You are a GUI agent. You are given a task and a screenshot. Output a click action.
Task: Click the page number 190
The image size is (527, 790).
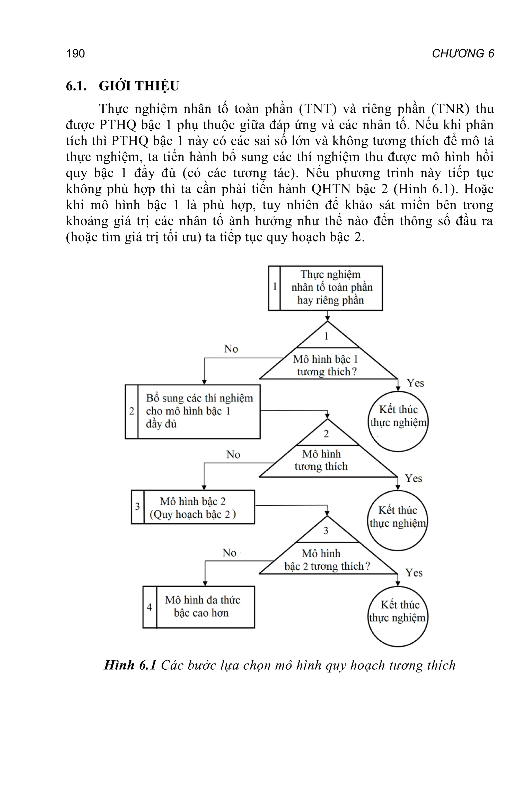(x=76, y=54)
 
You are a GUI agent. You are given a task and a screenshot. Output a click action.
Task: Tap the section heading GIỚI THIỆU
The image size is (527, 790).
(x=139, y=86)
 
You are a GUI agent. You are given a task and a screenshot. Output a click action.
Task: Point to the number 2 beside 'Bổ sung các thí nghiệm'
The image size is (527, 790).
(x=132, y=411)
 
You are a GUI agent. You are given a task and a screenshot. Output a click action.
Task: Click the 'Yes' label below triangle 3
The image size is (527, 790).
(x=414, y=573)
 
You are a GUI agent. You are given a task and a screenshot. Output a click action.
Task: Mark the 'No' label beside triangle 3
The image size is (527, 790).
(x=229, y=553)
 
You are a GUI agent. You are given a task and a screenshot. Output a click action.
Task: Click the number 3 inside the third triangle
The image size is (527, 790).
(x=326, y=531)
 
